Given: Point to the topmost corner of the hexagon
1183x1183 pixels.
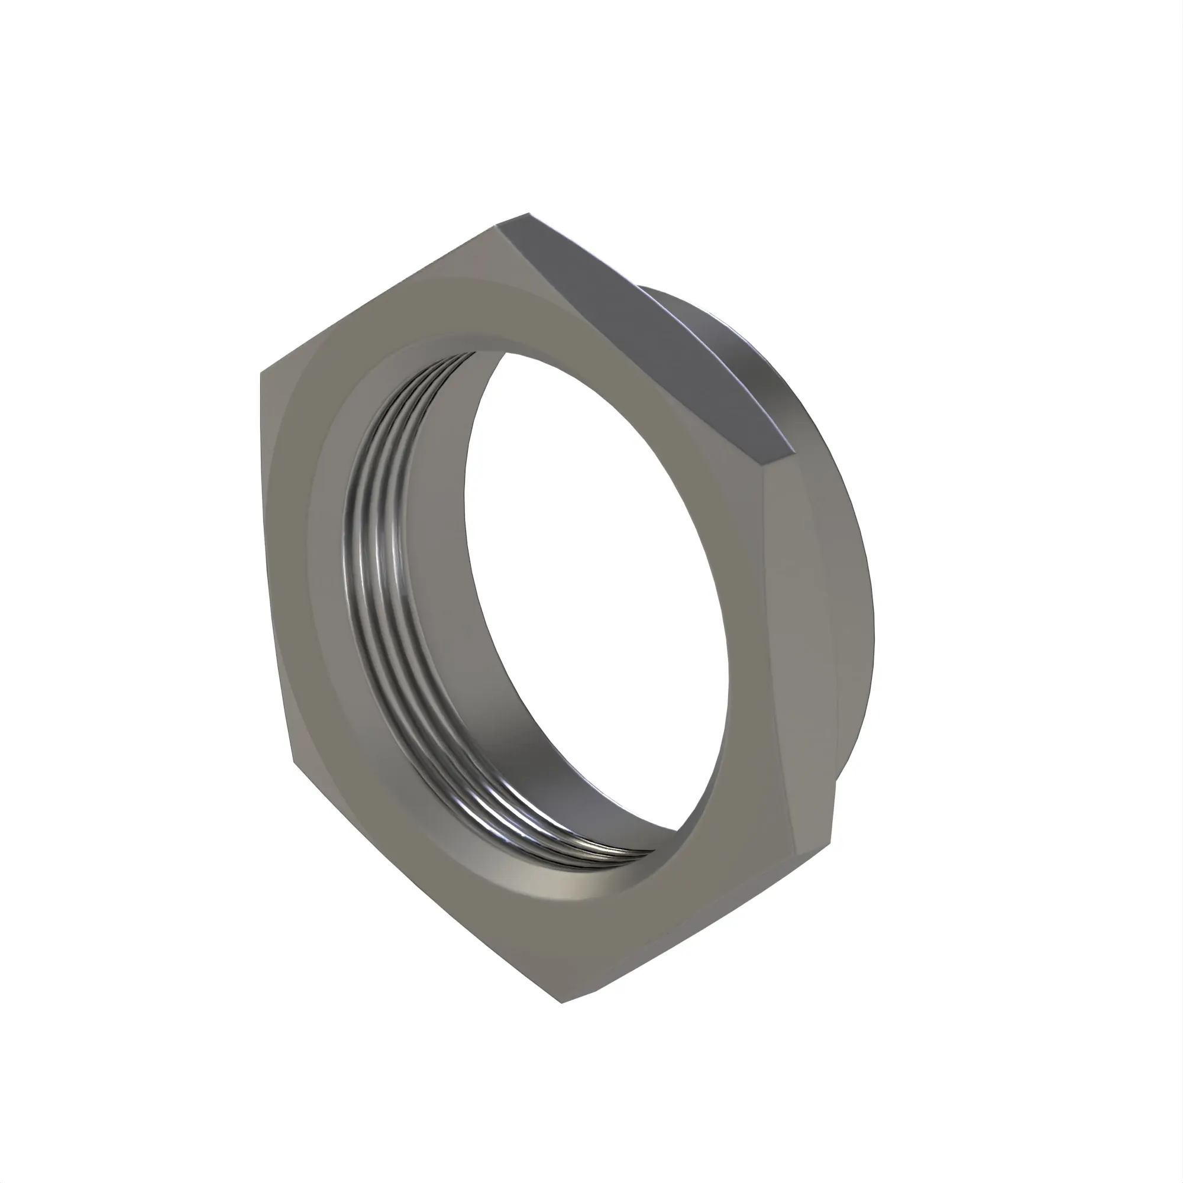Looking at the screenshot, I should tap(528, 214).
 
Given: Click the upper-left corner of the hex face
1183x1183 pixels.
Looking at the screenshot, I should tap(261, 372).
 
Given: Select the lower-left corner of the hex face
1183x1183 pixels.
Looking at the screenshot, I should tap(293, 762).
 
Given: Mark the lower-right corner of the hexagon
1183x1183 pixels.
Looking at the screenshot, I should tap(831, 845).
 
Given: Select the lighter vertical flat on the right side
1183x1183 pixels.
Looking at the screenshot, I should tap(796, 643).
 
